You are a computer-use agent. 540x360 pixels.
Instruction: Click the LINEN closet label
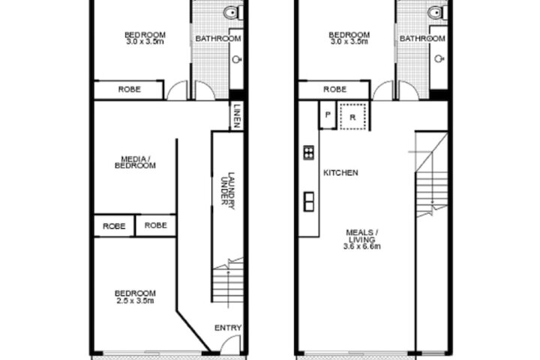237,116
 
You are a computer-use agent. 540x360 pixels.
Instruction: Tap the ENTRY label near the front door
228,328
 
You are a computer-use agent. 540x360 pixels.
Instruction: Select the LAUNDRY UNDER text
228,190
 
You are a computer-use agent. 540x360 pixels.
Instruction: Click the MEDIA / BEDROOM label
135,162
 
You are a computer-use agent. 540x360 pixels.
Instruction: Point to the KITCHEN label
340,172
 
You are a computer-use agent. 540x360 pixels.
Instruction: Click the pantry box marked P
328,115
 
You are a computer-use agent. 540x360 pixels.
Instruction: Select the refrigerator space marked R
352,117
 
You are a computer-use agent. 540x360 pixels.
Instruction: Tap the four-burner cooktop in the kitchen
308,152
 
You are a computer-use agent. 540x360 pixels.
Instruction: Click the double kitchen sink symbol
308,202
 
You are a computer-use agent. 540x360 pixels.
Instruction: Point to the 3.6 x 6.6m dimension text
362,246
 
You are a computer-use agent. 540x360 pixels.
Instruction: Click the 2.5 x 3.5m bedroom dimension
135,301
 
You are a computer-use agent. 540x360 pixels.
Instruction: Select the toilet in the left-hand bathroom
232,13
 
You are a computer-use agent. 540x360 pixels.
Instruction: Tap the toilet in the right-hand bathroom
436,13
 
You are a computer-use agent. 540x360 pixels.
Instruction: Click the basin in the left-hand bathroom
236,59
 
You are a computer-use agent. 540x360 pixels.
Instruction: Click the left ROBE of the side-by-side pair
114,226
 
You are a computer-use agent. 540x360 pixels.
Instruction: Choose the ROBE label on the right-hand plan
334,89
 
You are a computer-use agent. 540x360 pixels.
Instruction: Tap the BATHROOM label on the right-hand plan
422,38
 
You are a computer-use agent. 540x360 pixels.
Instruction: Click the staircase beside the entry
228,280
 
